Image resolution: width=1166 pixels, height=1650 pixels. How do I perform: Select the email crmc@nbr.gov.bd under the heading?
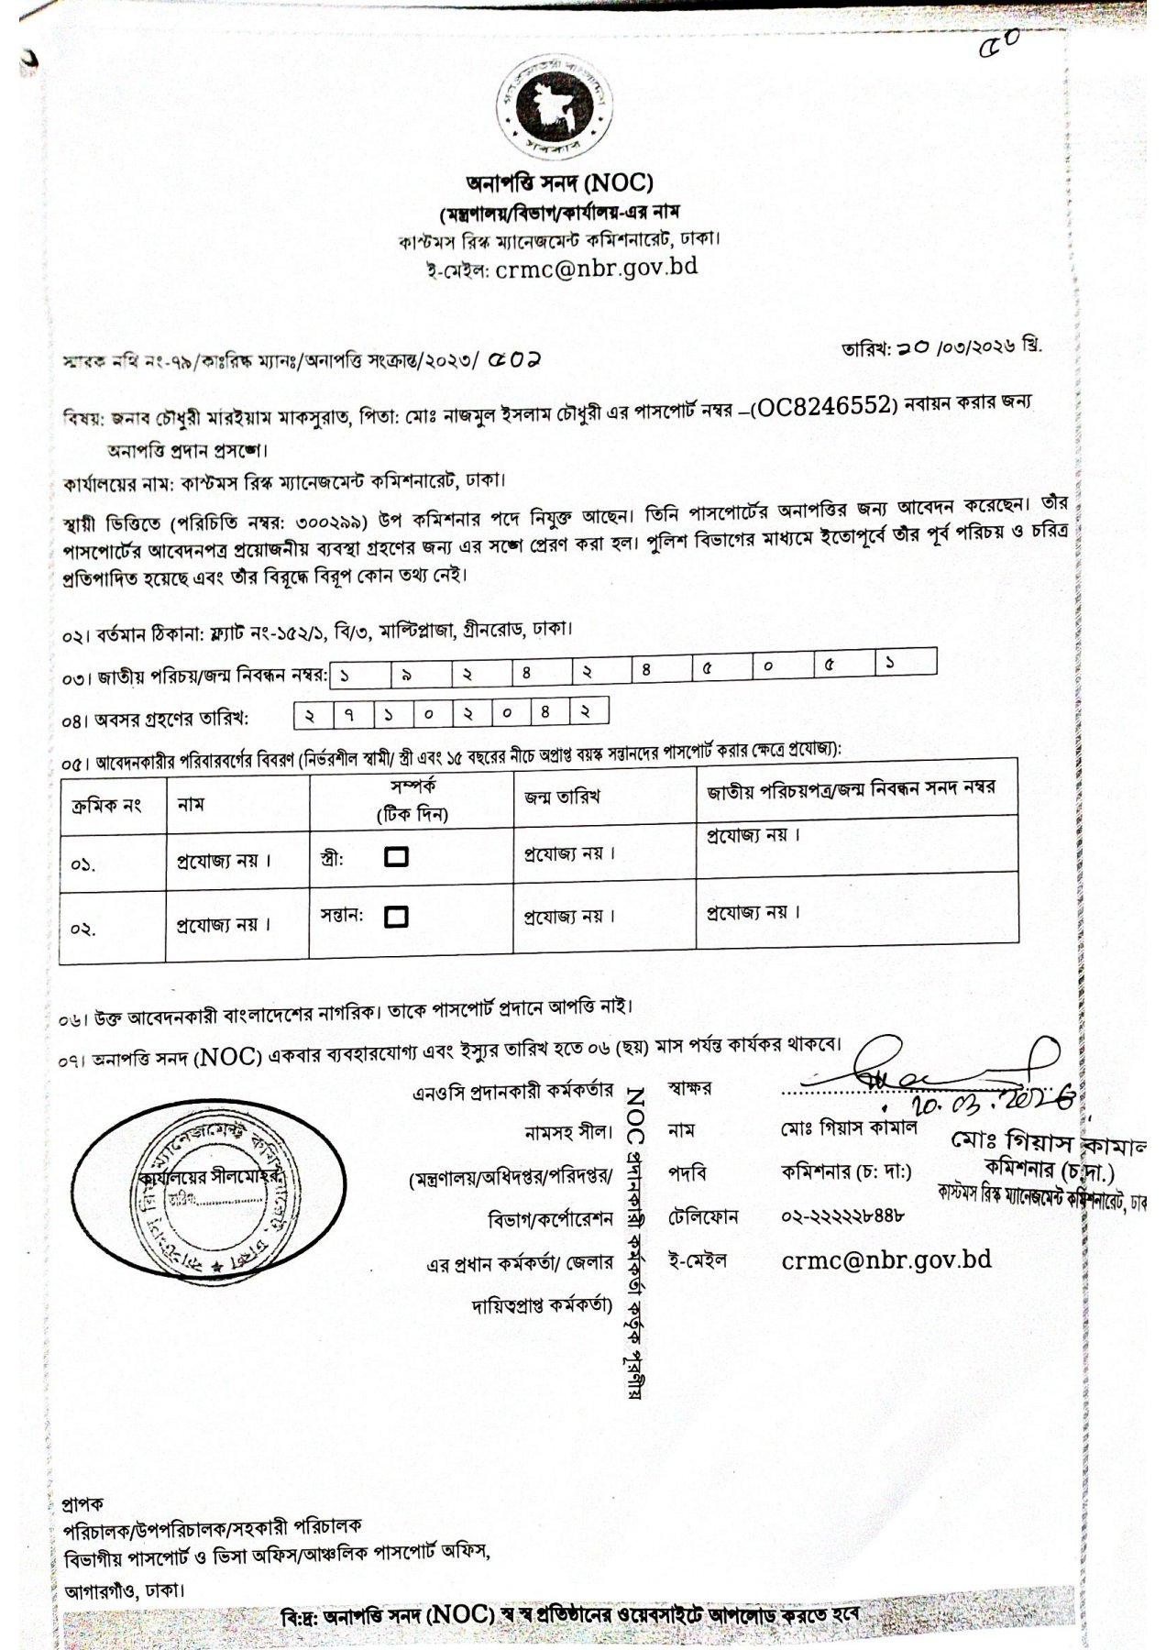pyautogui.click(x=597, y=268)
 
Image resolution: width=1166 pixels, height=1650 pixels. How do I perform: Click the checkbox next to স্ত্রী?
pyautogui.click(x=397, y=856)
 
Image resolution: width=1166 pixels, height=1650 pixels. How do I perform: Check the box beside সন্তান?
pyautogui.click(x=397, y=916)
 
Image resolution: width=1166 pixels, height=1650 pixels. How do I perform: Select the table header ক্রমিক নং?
pyautogui.click(x=106, y=806)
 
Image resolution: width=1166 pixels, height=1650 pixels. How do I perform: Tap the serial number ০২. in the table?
pyautogui.click(x=84, y=929)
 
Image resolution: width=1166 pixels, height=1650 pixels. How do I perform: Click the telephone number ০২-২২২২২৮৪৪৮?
pyautogui.click(x=843, y=1216)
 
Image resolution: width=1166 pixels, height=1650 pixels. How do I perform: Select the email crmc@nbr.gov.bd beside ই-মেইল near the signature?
pyautogui.click(x=886, y=1259)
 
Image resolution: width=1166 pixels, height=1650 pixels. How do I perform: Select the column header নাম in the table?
pyautogui.click(x=191, y=804)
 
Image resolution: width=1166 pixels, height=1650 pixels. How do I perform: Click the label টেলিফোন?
pyautogui.click(x=704, y=1217)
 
